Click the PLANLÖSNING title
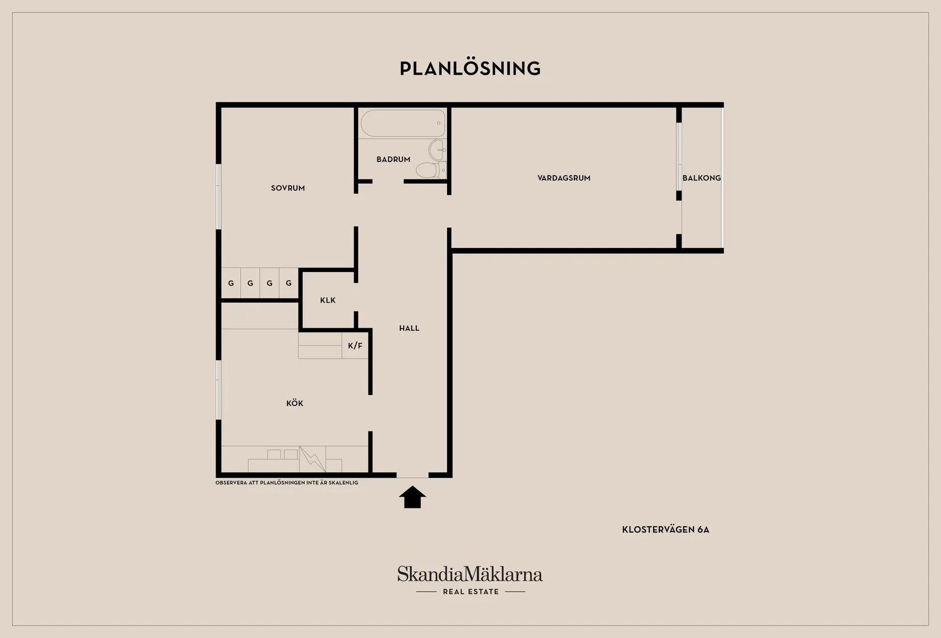(x=470, y=68)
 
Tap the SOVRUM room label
(x=288, y=188)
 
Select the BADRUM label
(x=393, y=159)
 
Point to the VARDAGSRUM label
(x=564, y=178)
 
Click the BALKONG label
(x=701, y=178)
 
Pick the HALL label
(x=409, y=328)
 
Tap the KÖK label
(x=294, y=403)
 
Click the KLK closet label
(x=328, y=300)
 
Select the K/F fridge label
(x=355, y=346)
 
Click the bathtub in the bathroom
(x=403, y=123)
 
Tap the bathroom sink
(x=437, y=149)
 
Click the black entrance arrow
(x=412, y=497)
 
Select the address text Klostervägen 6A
(x=666, y=530)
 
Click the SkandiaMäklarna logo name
(x=470, y=574)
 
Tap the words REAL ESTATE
(x=471, y=591)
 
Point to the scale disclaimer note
(x=287, y=482)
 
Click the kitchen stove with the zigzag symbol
(x=313, y=459)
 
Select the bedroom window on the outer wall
(x=218, y=197)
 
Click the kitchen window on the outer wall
(x=218, y=390)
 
